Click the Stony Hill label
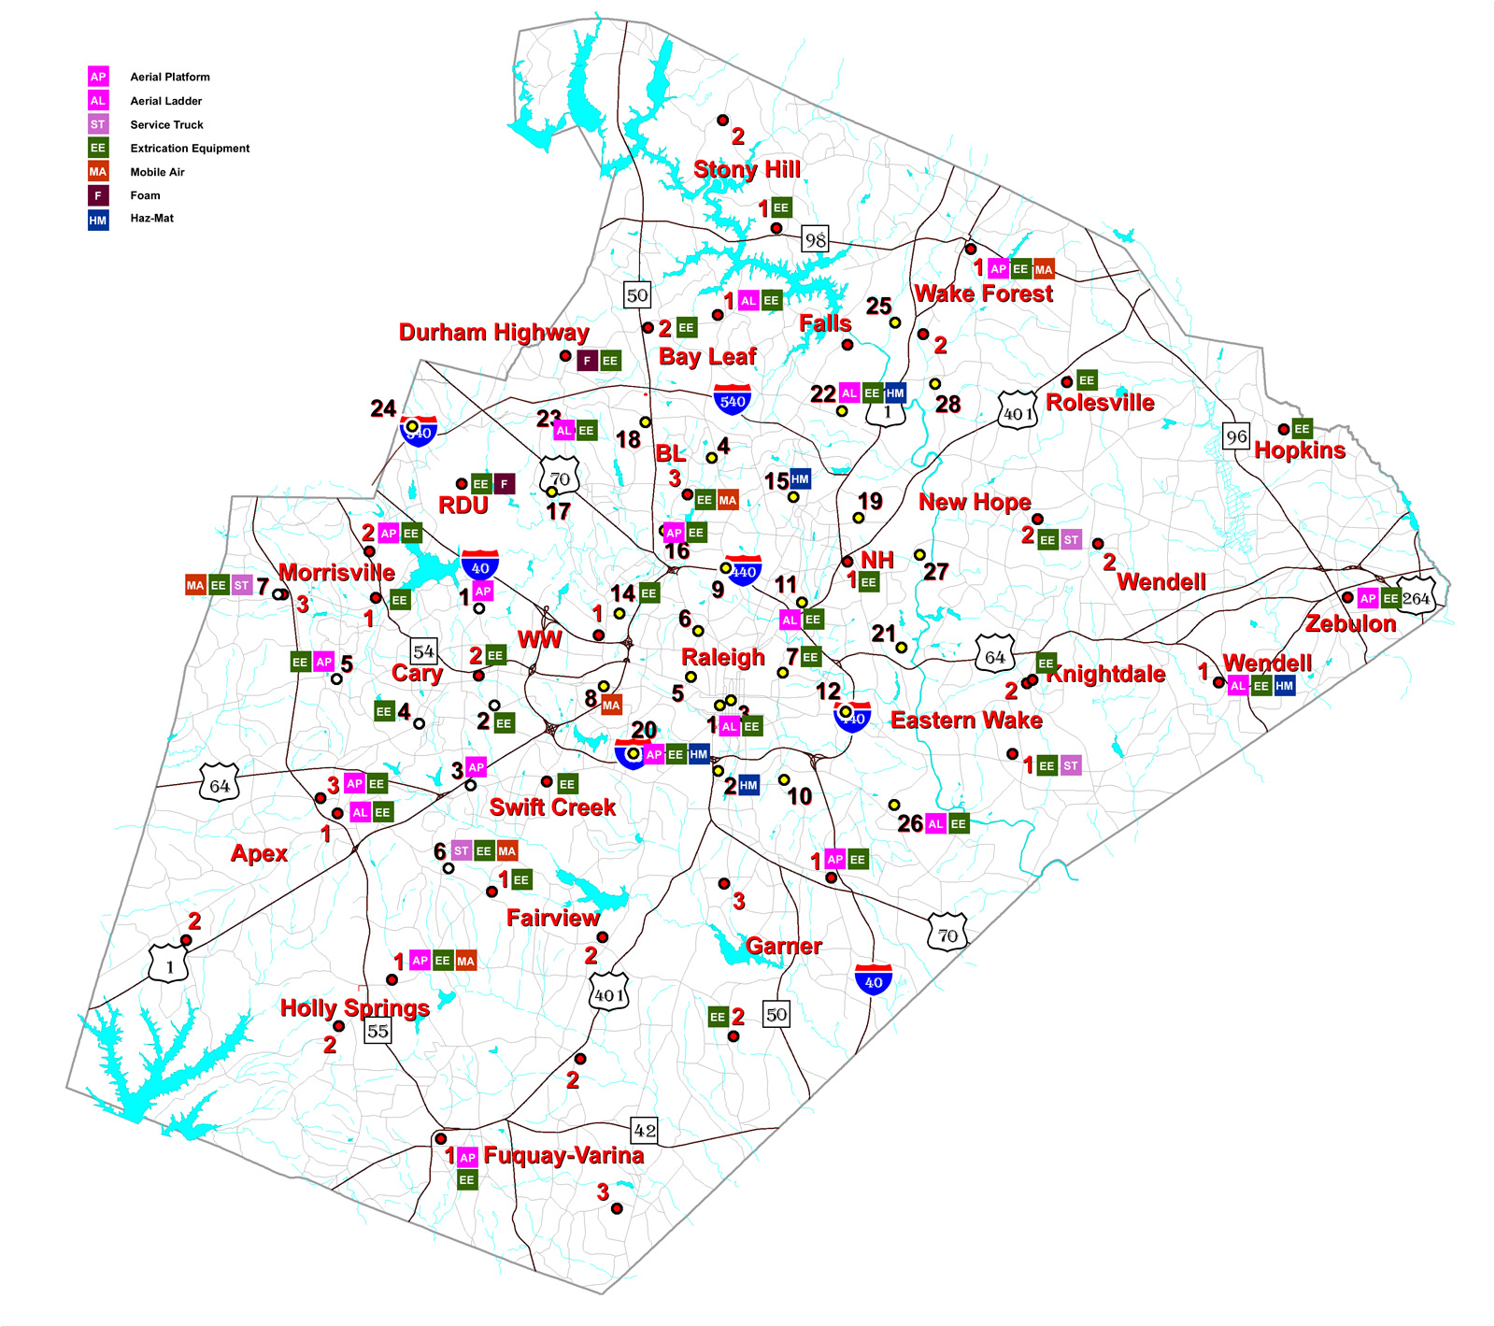point(747,169)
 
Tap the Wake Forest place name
point(983,293)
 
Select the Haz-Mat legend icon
point(98,220)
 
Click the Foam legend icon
point(98,196)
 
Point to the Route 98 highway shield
point(816,240)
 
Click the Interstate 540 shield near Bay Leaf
point(733,399)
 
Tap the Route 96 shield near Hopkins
point(1236,436)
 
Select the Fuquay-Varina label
point(563,1156)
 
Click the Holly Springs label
point(355,1008)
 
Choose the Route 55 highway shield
point(377,1031)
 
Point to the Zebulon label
point(1350,623)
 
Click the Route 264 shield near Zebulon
point(1417,599)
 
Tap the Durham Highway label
point(493,333)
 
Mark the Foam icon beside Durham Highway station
point(587,361)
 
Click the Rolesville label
point(1100,403)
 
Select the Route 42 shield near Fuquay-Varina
point(645,1131)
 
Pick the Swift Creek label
point(552,807)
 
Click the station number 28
point(947,405)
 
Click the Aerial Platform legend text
point(170,78)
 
